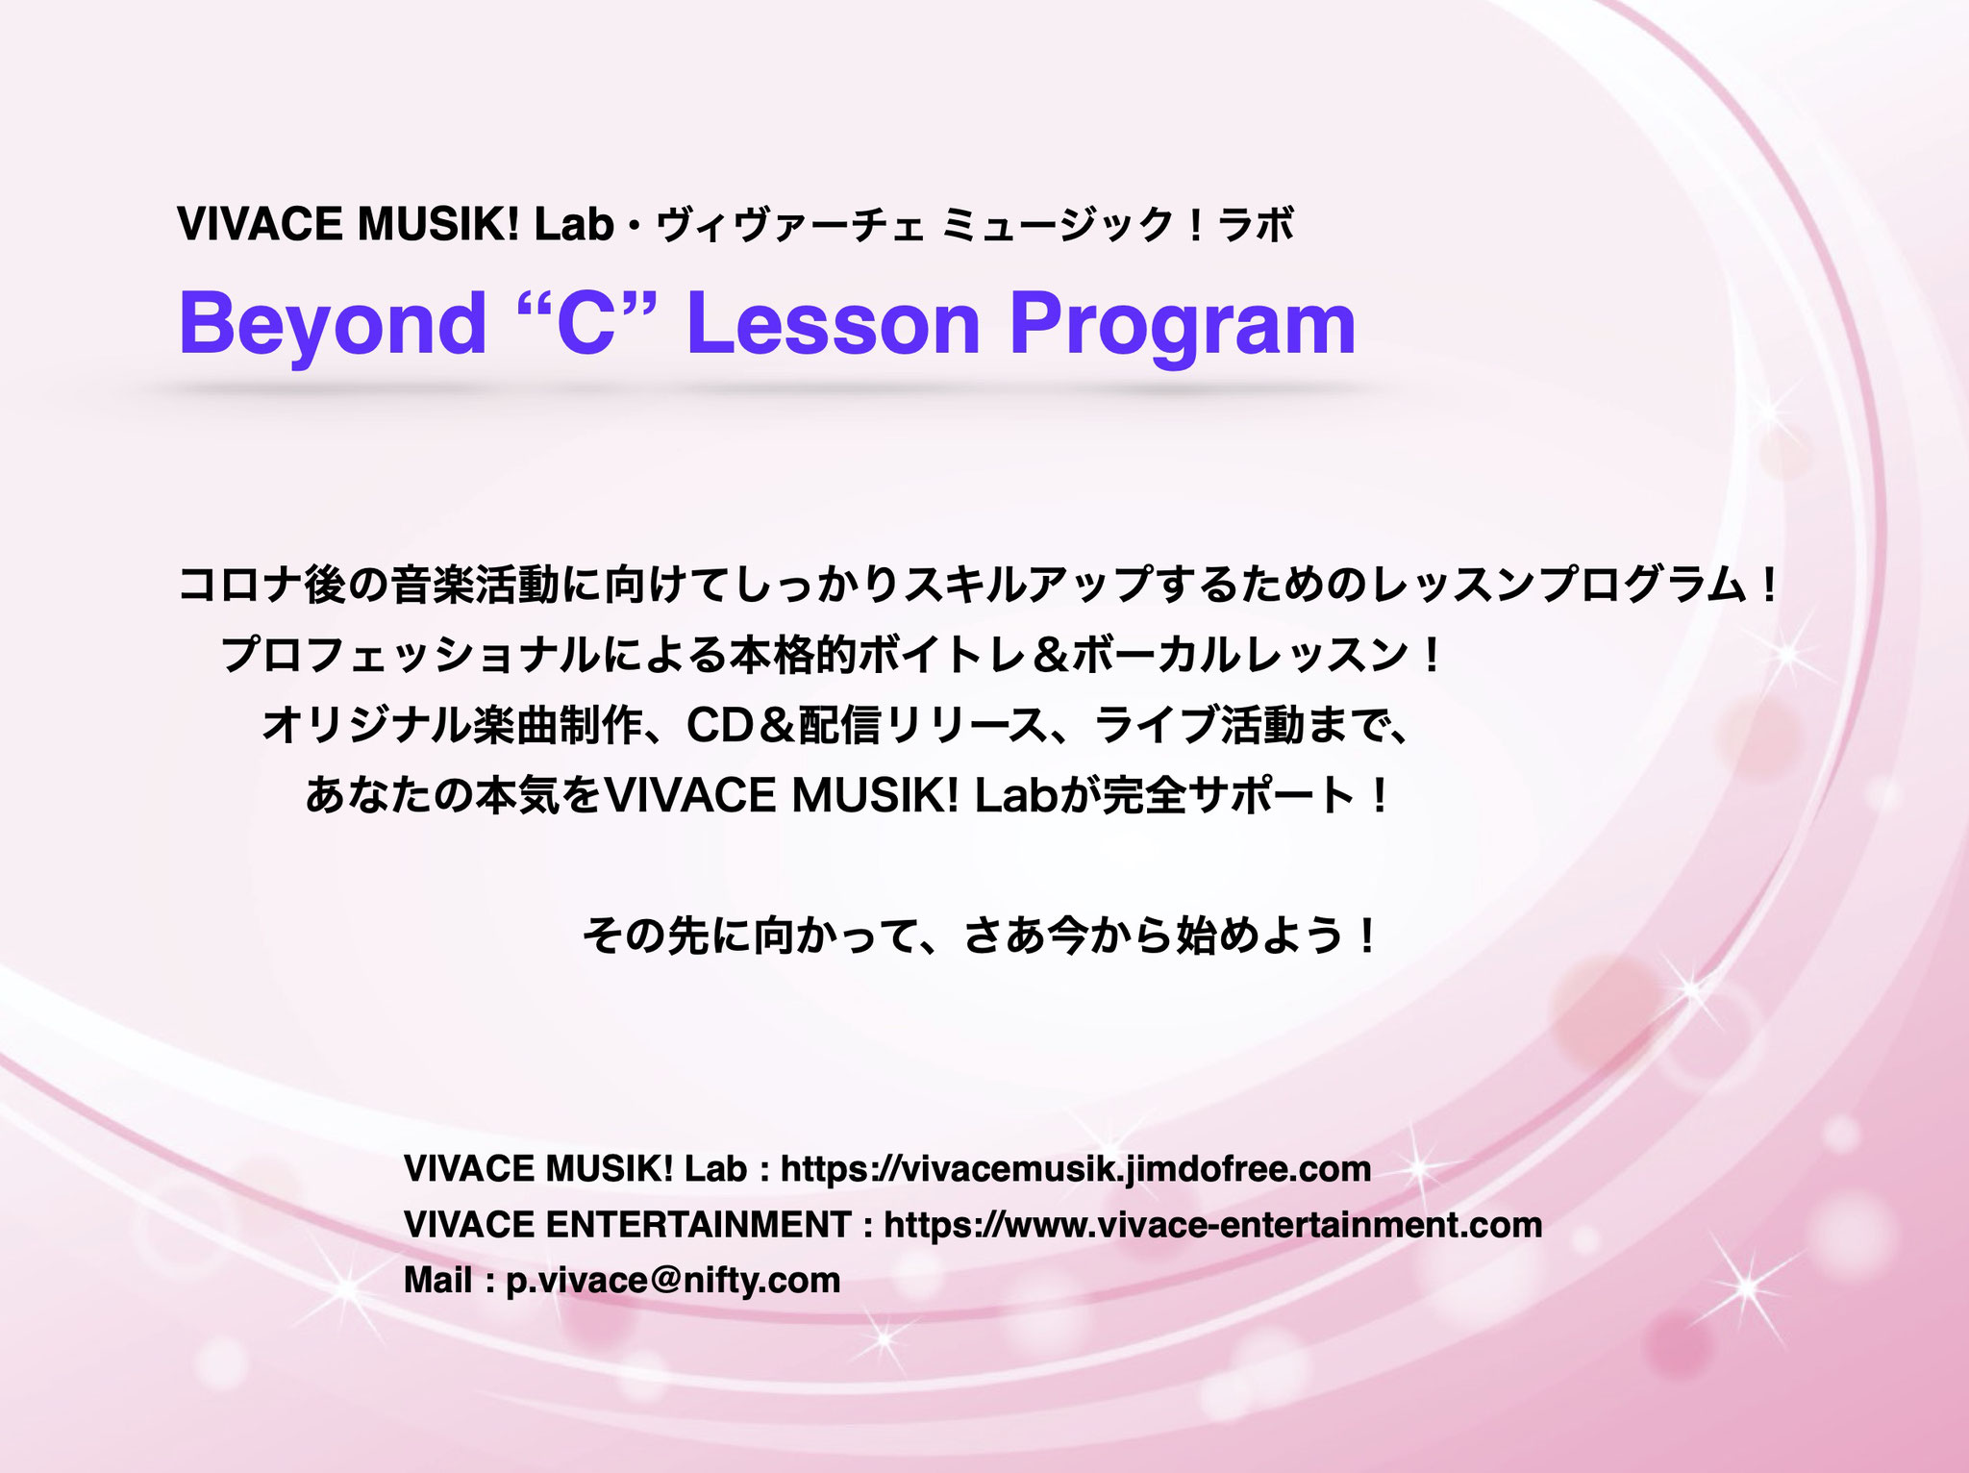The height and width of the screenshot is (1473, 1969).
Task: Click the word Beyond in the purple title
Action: click(333, 325)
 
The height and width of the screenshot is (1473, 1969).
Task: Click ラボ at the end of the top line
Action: click(1256, 225)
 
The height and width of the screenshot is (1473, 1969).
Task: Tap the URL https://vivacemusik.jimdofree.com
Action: click(1076, 1169)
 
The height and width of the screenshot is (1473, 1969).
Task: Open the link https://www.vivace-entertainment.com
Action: click(1213, 1225)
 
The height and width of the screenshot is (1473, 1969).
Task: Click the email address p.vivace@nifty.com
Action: click(673, 1281)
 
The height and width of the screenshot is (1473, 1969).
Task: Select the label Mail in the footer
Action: click(437, 1281)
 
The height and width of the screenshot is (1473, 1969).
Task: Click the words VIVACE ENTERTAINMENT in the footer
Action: click(627, 1225)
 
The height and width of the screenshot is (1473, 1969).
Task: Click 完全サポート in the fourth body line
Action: click(1228, 796)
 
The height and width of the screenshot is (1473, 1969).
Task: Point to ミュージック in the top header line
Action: click(1058, 225)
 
